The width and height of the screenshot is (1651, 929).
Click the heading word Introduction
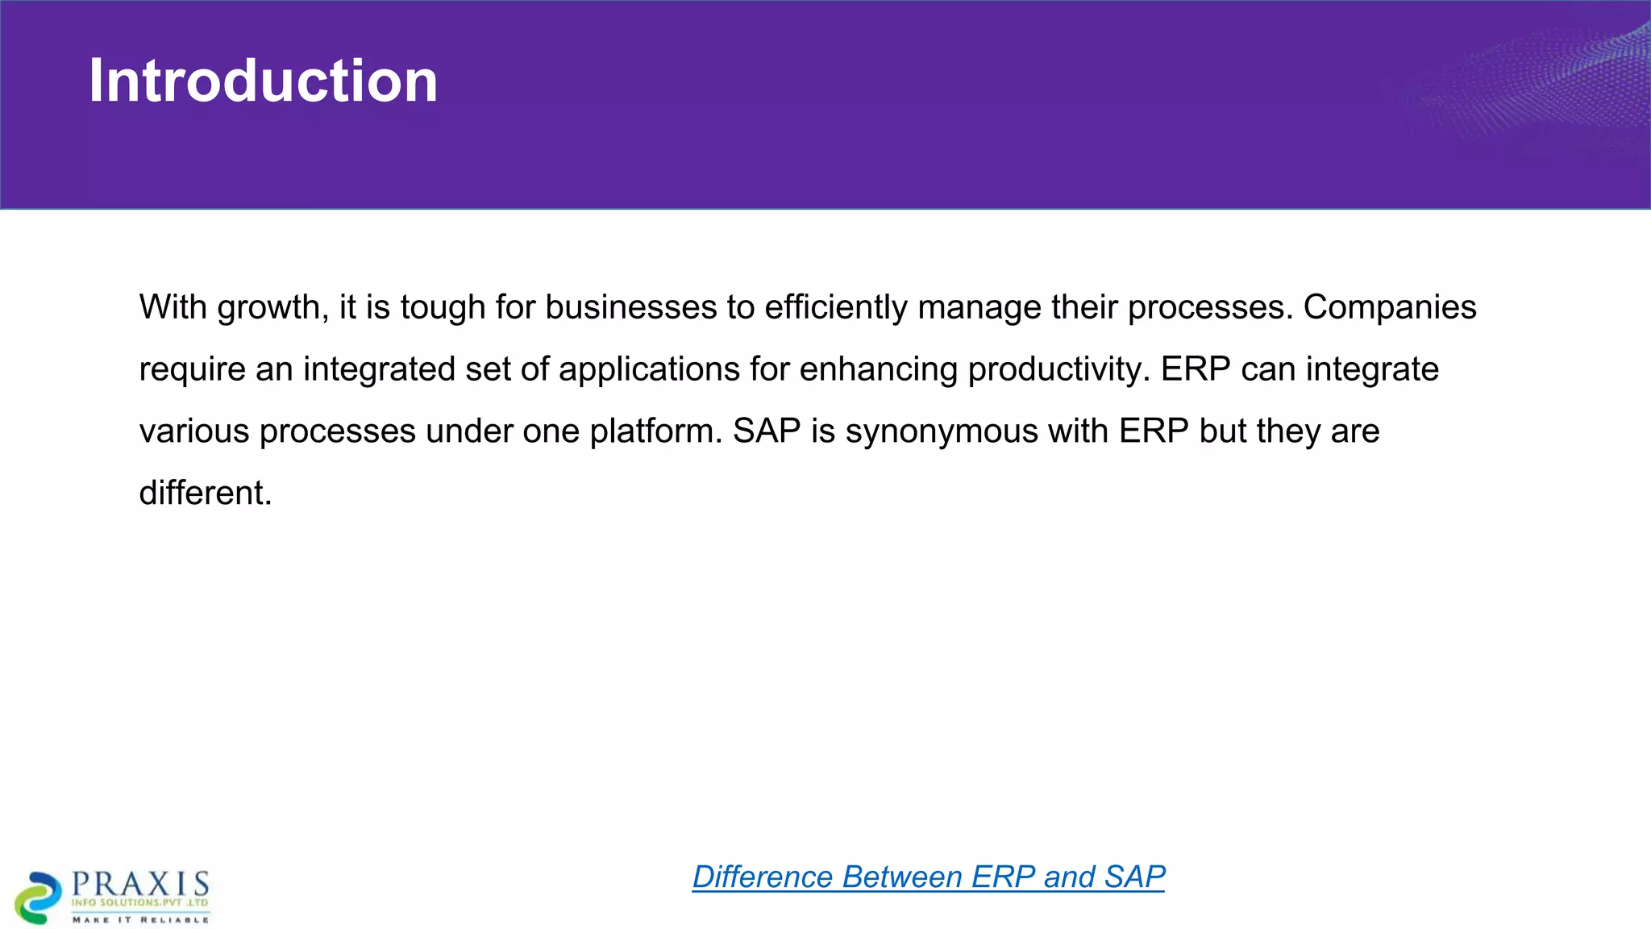[x=263, y=81]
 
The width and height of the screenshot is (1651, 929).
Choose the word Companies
[x=1389, y=307]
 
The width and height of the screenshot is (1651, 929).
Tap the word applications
[x=649, y=369]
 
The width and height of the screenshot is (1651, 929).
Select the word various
[x=194, y=431]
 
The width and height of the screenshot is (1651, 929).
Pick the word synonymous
[x=941, y=431]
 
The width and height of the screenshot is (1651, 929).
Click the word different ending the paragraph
[x=205, y=493]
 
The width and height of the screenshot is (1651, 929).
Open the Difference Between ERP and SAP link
[x=928, y=877]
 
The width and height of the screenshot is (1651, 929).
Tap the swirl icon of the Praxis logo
[x=38, y=897]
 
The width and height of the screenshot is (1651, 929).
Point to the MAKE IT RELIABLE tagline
[x=141, y=919]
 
